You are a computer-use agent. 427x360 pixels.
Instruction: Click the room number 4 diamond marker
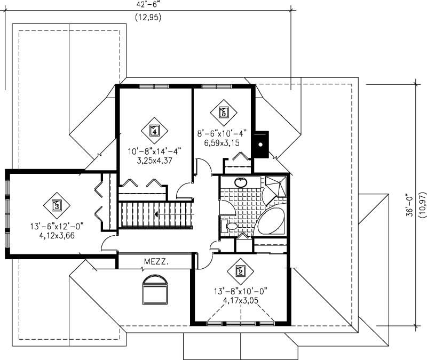tap(154, 130)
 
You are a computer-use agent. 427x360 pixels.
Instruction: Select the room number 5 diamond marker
tap(224, 112)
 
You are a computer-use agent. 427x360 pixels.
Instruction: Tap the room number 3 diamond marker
tap(57, 204)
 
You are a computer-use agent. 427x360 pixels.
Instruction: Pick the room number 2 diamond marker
tap(240, 271)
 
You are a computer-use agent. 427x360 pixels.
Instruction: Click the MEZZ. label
tap(154, 262)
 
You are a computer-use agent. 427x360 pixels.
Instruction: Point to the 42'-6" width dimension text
tap(147, 4)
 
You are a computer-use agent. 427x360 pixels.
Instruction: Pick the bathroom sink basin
tap(241, 182)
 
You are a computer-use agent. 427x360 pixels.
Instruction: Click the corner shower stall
tap(275, 187)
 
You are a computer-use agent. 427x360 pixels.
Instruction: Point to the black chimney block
tap(260, 145)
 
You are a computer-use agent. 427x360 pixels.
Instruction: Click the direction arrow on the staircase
tap(155, 214)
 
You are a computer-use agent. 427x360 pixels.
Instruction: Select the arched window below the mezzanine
tap(155, 289)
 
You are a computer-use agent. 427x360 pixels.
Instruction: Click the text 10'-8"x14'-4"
tap(154, 151)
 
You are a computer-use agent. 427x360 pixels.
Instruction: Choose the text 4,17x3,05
tap(240, 300)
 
